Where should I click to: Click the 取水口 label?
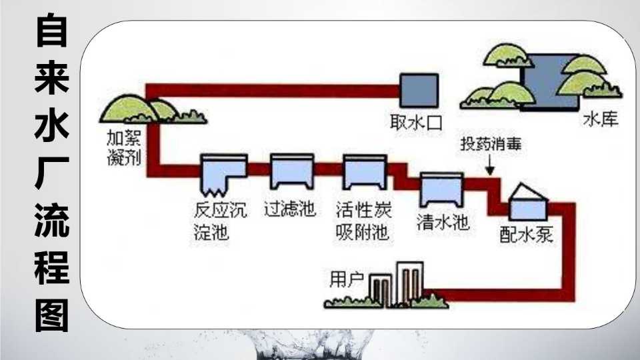coord(416,122)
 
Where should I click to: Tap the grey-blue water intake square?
coord(419,90)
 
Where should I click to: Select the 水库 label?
coord(601,119)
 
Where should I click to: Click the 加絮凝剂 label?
coord(124,148)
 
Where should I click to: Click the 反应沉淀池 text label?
coord(220,221)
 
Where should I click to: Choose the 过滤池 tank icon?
coord(292,171)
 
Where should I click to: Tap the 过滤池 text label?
coord(290,209)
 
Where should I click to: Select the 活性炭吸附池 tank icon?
coord(365,172)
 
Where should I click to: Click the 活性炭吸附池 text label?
coord(363,221)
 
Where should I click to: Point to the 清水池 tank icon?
coord(442,189)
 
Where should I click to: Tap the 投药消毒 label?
coord(491,144)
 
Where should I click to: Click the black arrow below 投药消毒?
coord(490,165)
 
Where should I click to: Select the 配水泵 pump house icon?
coord(528,203)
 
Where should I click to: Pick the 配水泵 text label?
coord(527,235)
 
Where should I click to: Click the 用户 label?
coord(347,279)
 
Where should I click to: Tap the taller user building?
coord(410,284)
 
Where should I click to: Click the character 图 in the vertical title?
coord(52,316)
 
